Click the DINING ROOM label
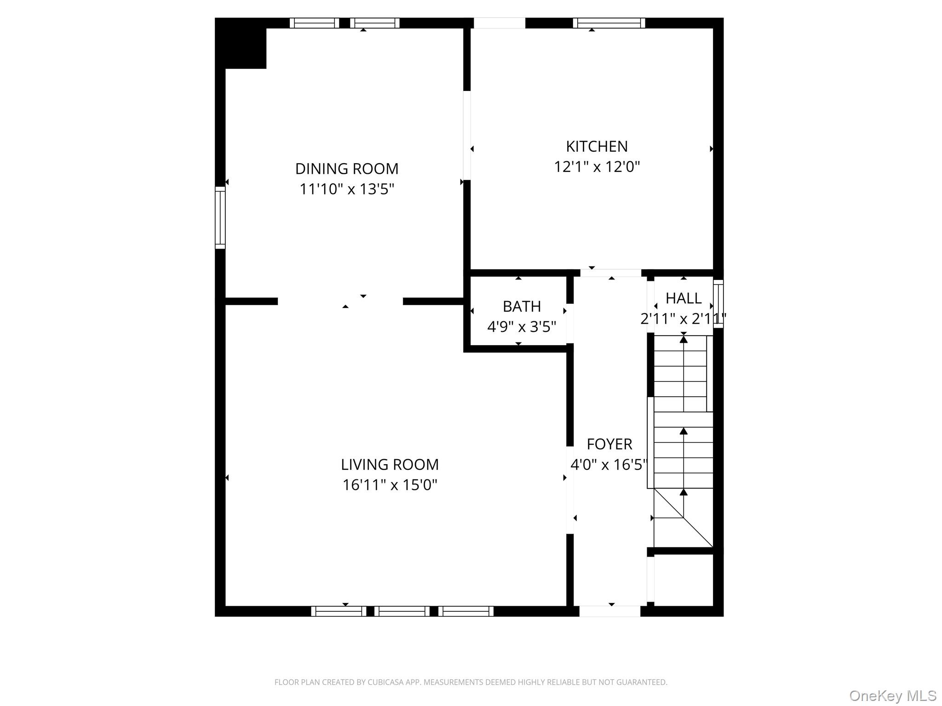(x=347, y=169)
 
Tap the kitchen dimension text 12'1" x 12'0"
(x=597, y=166)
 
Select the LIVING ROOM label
(x=390, y=464)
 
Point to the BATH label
(x=522, y=306)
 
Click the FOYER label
(x=609, y=444)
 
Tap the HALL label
(x=684, y=298)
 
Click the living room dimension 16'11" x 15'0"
(x=390, y=485)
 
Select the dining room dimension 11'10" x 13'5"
(x=347, y=189)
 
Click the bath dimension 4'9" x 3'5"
(x=522, y=327)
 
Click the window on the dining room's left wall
(x=220, y=217)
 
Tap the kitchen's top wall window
(x=609, y=23)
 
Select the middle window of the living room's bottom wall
(x=402, y=611)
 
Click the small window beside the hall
(x=718, y=304)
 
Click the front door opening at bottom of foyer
(x=610, y=611)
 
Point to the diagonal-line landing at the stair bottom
(x=684, y=518)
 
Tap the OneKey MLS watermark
(x=892, y=696)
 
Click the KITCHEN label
(x=597, y=146)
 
